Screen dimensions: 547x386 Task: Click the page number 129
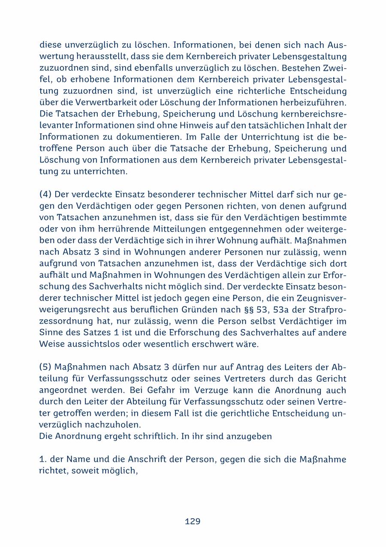[x=193, y=521]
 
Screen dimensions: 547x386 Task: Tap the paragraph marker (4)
[x=45, y=194]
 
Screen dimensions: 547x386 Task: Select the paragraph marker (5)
[x=45, y=367]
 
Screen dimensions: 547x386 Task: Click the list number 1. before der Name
[x=42, y=460]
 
